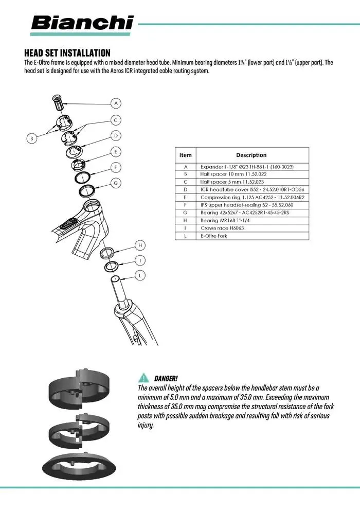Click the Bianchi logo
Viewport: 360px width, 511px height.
coord(82,23)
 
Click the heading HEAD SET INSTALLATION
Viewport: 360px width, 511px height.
coord(67,53)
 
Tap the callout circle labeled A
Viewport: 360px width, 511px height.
coord(116,103)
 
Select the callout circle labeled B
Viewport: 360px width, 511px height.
coord(31,138)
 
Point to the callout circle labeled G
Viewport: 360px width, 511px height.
coord(116,183)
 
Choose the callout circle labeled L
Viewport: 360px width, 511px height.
coord(140,276)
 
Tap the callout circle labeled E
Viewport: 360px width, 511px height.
coord(116,151)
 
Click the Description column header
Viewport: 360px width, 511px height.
coord(251,155)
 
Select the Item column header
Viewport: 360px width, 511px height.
coord(185,155)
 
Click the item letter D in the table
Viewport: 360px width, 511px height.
coord(185,189)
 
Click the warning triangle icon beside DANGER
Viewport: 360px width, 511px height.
coord(142,378)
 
